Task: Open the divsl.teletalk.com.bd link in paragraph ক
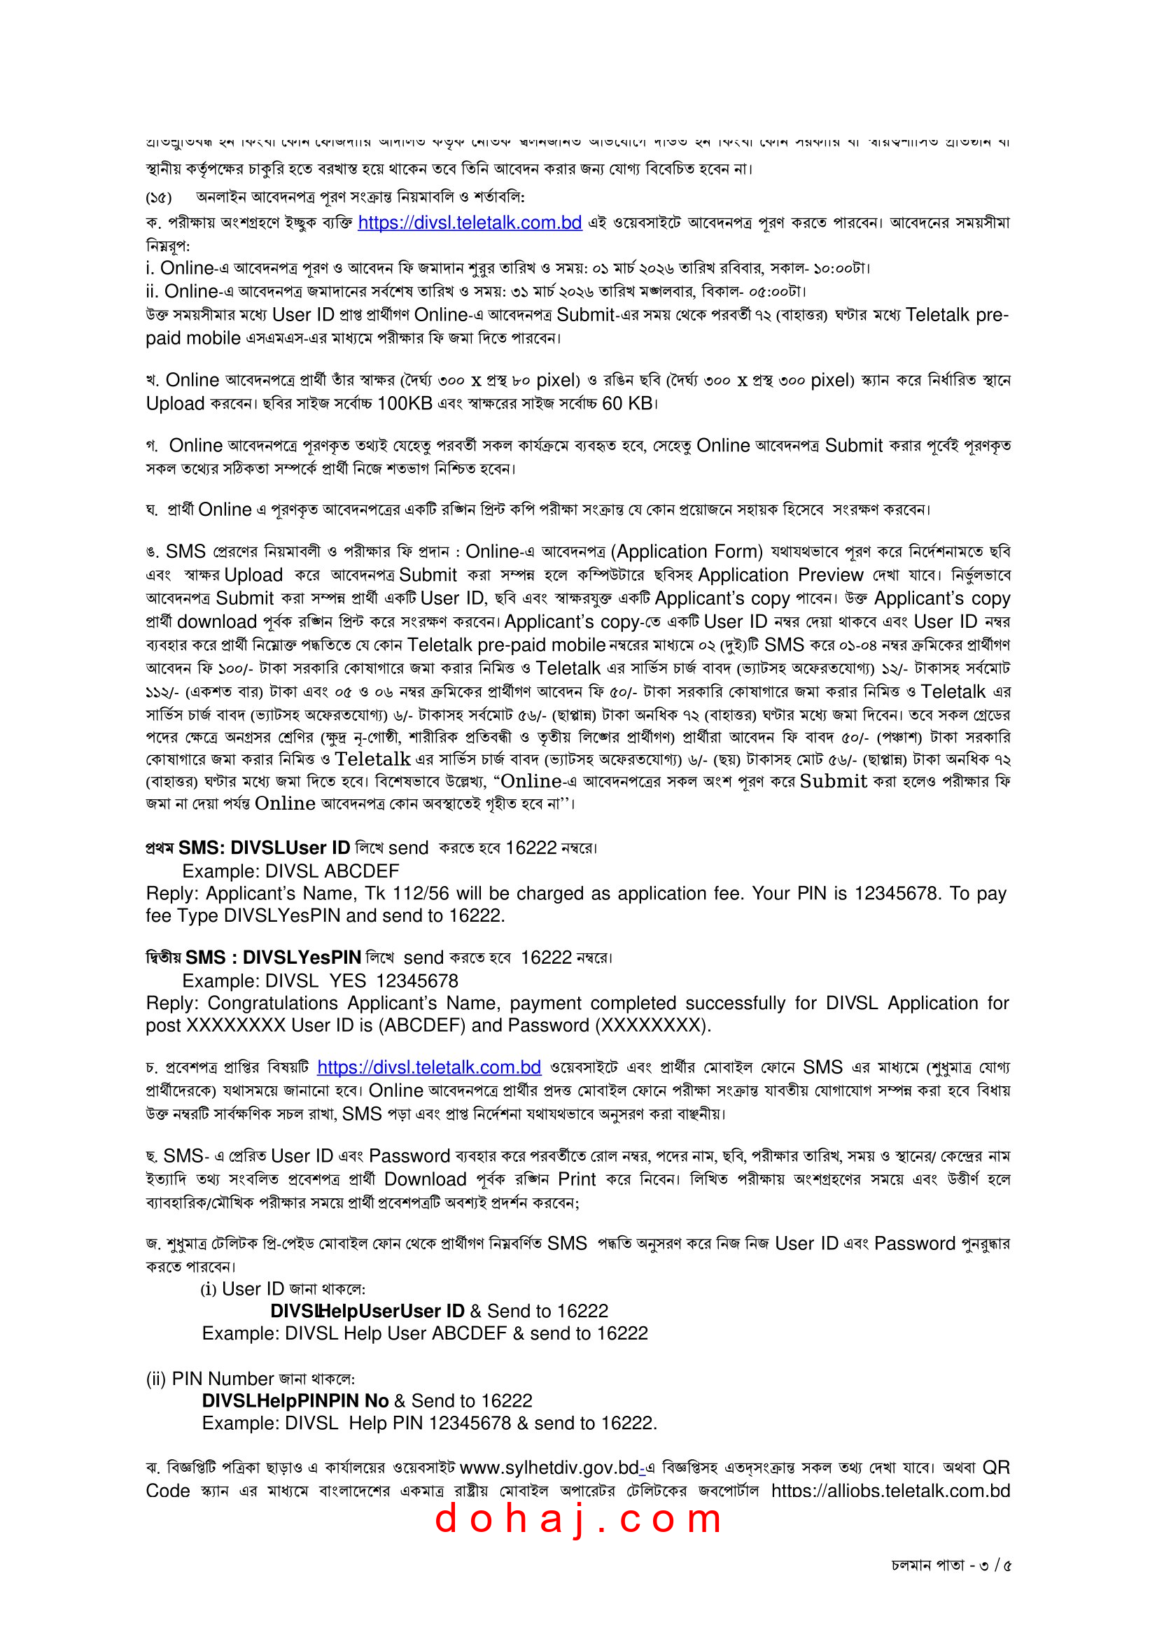(x=469, y=223)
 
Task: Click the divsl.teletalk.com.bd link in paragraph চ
(x=428, y=1067)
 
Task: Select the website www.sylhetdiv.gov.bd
(x=549, y=1468)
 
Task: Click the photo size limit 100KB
(x=404, y=404)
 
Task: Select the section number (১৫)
(x=158, y=197)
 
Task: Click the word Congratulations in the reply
(x=272, y=1003)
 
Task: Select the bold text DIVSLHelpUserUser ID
(x=367, y=1311)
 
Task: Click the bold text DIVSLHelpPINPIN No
(x=295, y=1401)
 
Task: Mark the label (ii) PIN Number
(x=209, y=1379)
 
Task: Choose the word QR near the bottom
(x=995, y=1468)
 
